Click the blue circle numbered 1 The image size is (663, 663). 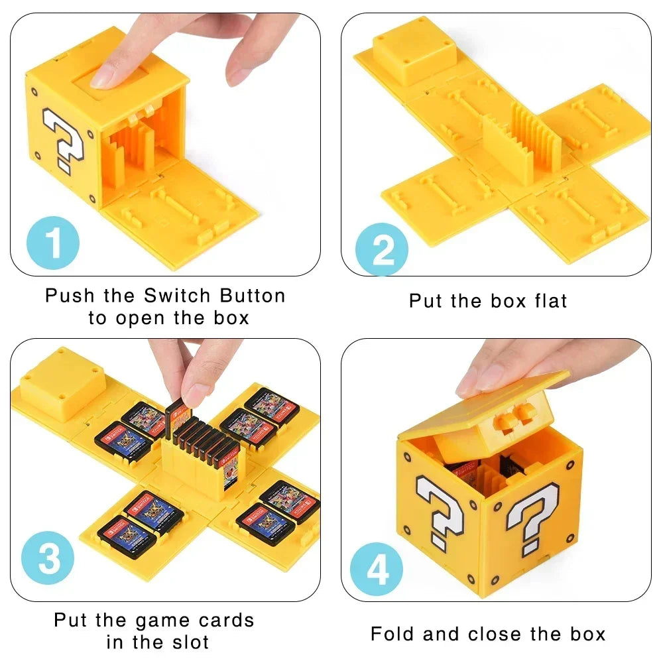[53, 243]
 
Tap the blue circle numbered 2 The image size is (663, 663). [383, 251]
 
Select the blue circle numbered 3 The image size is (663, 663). [50, 560]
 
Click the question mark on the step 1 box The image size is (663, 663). [62, 139]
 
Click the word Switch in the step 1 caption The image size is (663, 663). [178, 296]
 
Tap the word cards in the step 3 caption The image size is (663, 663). [223, 621]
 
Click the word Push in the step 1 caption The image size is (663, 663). [70, 296]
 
